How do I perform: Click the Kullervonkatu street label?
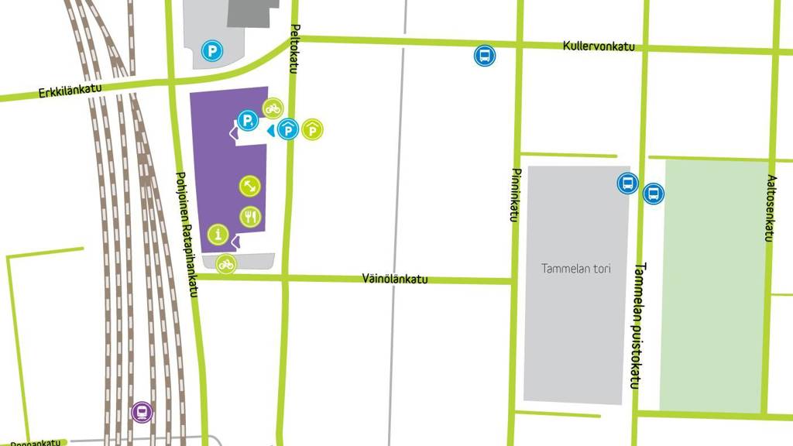(x=599, y=46)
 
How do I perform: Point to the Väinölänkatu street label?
(x=395, y=279)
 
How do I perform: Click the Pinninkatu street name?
(x=513, y=194)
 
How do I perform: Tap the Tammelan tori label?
(x=575, y=269)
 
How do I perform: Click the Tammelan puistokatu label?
(x=640, y=324)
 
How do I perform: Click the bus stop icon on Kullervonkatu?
(x=485, y=56)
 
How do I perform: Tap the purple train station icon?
(x=142, y=412)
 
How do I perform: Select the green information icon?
(x=219, y=234)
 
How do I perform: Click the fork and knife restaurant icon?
(x=251, y=216)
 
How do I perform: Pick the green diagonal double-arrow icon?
(x=250, y=186)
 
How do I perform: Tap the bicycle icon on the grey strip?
(x=225, y=264)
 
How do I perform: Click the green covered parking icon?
(x=312, y=130)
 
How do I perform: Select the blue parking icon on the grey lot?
(x=211, y=51)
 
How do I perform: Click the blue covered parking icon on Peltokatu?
(x=288, y=130)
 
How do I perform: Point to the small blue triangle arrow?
(x=270, y=132)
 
